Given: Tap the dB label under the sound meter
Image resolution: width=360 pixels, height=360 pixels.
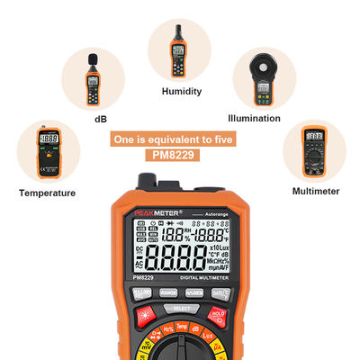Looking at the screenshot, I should pos(101,118).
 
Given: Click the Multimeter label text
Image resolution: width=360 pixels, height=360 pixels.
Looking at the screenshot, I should pos(316,191).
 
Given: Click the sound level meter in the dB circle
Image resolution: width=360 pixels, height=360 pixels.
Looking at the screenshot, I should pos(93,78).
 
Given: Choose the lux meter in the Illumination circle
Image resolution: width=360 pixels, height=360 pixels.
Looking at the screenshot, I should pos(264,80).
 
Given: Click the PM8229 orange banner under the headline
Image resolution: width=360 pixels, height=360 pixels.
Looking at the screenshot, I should pos(180,155).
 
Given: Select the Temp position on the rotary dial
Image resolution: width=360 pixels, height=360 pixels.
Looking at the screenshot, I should pos(180,327).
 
